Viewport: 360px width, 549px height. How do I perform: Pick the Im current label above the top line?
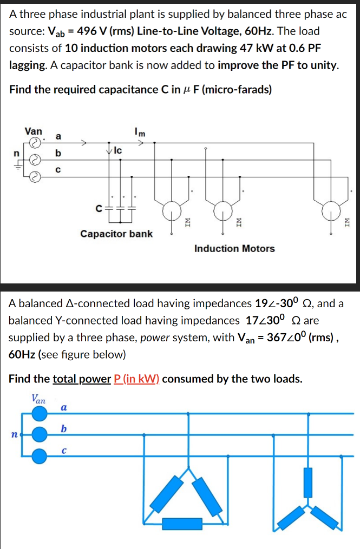139,130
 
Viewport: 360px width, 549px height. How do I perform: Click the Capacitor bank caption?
116,234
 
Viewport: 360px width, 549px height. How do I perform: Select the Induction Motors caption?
234,248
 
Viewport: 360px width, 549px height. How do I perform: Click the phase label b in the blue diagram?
64,429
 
